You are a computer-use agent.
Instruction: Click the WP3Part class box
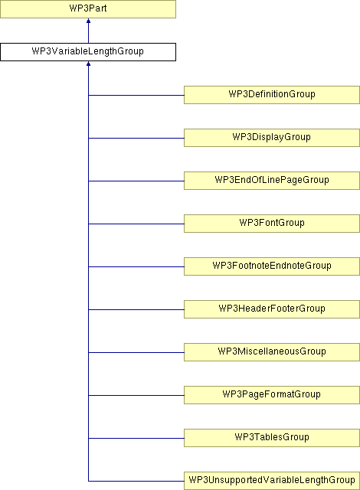[88, 9]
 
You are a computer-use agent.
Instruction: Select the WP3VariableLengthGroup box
[88, 52]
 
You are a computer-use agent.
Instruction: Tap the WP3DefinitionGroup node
[272, 95]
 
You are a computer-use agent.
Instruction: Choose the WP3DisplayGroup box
[272, 138]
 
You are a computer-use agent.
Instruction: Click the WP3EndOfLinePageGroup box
[272, 181]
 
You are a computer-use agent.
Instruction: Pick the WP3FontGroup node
[272, 224]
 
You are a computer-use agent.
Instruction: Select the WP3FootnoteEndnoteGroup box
[272, 266]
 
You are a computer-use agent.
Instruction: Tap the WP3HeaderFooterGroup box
[272, 309]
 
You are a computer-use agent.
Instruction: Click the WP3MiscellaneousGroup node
[272, 352]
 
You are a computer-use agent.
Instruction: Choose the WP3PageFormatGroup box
[272, 395]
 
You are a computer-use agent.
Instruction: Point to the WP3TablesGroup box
[272, 437]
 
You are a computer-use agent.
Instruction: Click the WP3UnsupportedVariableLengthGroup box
[272, 480]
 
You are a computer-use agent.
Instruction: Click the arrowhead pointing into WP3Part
[88, 21]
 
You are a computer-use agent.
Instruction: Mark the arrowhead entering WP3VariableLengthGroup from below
[88, 64]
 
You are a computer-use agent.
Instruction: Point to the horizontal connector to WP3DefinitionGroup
[136, 95]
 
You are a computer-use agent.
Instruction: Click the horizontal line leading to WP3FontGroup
[136, 224]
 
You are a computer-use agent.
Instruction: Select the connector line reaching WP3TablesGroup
[136, 438]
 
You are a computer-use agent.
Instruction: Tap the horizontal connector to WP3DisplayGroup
[136, 138]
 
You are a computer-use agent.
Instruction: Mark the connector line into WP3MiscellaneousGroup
[136, 352]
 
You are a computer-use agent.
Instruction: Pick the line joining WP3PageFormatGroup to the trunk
[136, 395]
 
